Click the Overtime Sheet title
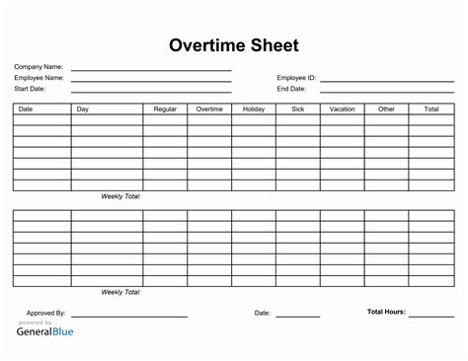(x=234, y=45)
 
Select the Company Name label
(x=37, y=67)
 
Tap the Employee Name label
(x=39, y=77)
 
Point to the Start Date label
(x=30, y=88)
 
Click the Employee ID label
(x=295, y=77)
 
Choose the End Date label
(x=290, y=88)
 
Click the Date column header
(x=26, y=108)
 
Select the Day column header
(x=83, y=108)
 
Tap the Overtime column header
(x=208, y=108)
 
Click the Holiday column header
(x=253, y=108)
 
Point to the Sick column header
(x=297, y=108)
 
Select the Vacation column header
(x=342, y=108)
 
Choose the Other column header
(x=386, y=108)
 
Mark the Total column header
(x=430, y=108)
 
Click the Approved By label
(x=46, y=313)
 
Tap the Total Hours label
(x=386, y=312)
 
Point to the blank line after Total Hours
(x=431, y=316)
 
